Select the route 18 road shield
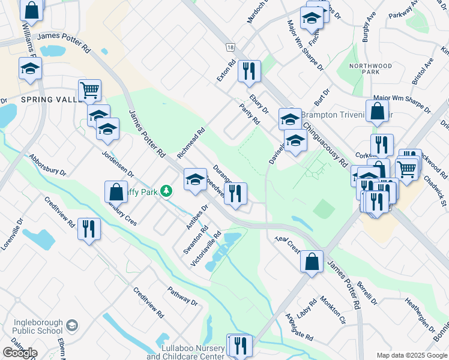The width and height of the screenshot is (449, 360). coord(229,47)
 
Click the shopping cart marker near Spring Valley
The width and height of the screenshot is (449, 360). coord(89,91)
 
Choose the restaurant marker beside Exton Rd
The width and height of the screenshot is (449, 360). coord(248,71)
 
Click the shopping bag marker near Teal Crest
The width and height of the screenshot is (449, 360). coord(312,262)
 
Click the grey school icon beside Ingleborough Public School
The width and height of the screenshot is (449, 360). coord(71,326)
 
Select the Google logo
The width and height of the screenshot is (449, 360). coord(20,353)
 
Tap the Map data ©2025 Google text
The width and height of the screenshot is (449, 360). coord(412,355)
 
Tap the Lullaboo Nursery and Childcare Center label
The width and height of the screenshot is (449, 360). coord(185,352)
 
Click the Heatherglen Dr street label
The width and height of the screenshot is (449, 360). coord(420,316)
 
